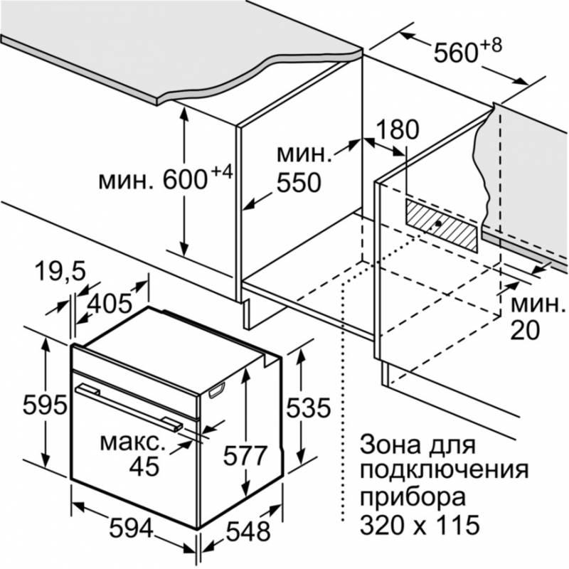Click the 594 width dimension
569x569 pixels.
pos(132,528)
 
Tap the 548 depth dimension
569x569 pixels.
pos(248,531)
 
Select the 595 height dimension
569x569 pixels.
pos(45,405)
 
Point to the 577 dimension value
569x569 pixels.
pos(245,455)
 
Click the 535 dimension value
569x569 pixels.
pos(309,408)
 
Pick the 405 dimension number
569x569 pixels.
pos(110,303)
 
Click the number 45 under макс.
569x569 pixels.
pos(144,466)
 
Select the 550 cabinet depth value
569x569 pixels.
pos(299,182)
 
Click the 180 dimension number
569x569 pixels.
pos(398,129)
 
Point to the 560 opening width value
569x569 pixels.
pos(456,53)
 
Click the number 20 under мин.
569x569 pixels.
pos(525,331)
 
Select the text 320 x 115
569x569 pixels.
pos(420,524)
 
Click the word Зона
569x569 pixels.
pos(388,445)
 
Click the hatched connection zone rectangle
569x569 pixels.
pos(442,225)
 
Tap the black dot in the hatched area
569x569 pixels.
pos(438,223)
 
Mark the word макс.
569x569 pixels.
pos(132,443)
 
